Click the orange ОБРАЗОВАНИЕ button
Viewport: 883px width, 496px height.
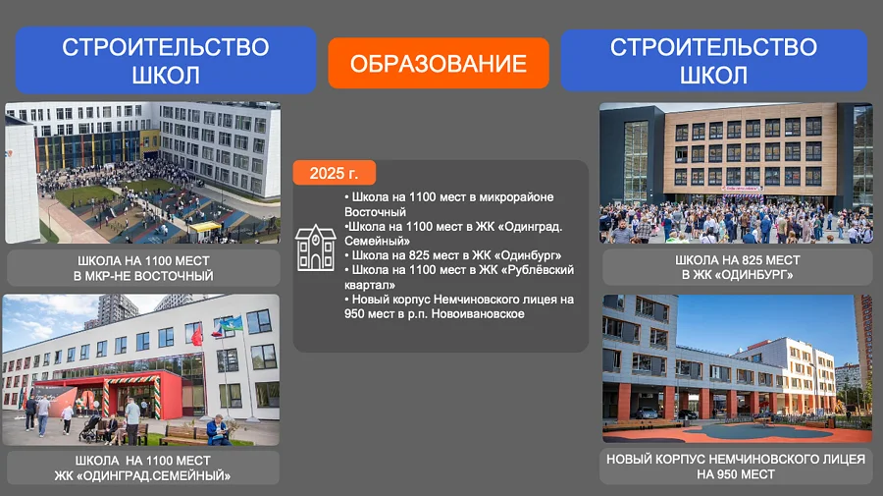pos(439,64)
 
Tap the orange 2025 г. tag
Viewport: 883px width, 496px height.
pos(334,174)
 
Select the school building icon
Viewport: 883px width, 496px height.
pos(316,248)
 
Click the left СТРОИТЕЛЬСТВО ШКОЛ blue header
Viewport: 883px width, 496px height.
pos(165,60)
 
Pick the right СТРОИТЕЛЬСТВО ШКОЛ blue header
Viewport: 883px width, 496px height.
pos(713,60)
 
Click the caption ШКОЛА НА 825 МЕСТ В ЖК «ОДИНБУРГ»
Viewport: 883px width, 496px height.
pos(738,267)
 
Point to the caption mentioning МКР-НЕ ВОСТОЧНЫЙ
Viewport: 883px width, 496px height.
pos(143,268)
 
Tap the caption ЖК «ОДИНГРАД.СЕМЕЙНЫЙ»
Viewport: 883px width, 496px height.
pos(143,468)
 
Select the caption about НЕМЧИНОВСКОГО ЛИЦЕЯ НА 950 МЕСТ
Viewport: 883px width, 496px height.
pos(736,467)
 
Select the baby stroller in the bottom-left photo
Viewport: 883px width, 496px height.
pos(90,427)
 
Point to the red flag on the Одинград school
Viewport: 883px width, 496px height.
pos(196,336)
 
